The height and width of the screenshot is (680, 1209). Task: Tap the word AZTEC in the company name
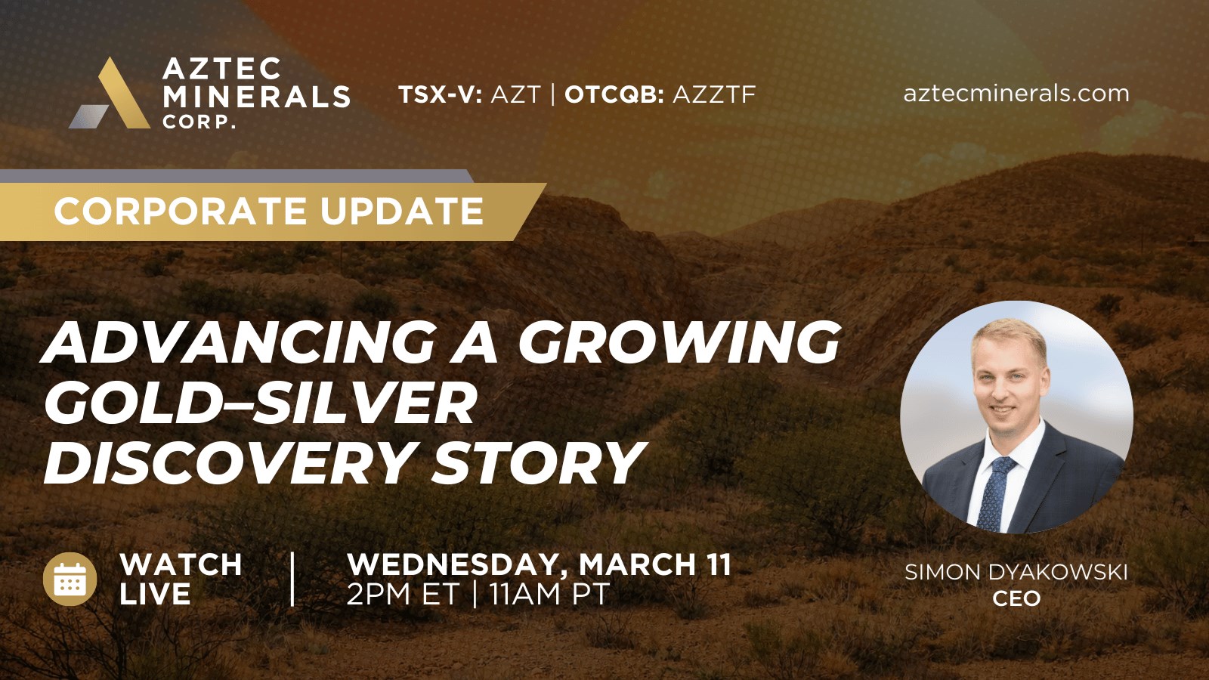click(x=222, y=69)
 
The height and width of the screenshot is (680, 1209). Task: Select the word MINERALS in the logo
click(x=256, y=97)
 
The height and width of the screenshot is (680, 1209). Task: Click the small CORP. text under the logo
click(x=199, y=122)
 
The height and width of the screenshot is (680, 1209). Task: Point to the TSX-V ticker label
click(x=441, y=94)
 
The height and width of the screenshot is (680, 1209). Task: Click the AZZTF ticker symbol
click(x=714, y=94)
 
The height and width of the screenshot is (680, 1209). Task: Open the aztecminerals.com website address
click(x=1016, y=94)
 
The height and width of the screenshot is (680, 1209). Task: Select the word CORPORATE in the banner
click(x=180, y=211)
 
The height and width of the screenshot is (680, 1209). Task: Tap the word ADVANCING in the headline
click(x=239, y=343)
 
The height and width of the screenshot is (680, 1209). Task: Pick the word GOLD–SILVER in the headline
click(x=260, y=403)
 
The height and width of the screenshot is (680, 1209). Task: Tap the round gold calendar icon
click(x=70, y=579)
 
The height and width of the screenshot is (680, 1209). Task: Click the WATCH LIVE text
click(x=181, y=579)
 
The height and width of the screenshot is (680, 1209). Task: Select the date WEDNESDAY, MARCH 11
click(x=540, y=564)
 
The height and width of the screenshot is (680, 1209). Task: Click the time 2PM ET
click(x=403, y=594)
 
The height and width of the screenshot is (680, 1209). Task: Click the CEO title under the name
click(x=1016, y=598)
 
